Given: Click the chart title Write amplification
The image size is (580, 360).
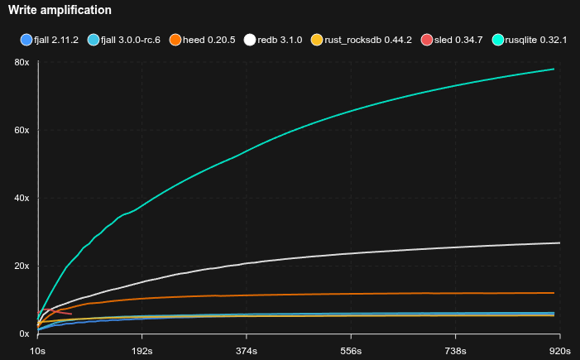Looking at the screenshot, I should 60,10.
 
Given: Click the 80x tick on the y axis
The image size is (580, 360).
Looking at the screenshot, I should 22,63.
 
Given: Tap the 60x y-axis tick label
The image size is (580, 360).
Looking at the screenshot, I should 22,131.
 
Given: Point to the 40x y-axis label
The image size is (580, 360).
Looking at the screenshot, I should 22,199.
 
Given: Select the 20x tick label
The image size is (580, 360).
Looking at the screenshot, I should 22,266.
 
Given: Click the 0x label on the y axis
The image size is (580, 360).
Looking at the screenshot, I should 25,334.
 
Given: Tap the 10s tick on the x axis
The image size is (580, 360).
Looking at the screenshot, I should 38,350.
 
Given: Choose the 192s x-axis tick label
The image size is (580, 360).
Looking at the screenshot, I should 142,350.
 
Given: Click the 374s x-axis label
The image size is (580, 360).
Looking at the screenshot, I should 247,350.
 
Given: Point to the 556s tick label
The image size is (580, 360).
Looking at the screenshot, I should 352,350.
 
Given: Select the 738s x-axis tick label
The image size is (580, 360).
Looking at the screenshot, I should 456,350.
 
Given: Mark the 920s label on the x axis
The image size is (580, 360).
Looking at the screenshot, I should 560,350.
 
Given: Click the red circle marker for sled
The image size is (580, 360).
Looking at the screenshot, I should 426,40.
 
